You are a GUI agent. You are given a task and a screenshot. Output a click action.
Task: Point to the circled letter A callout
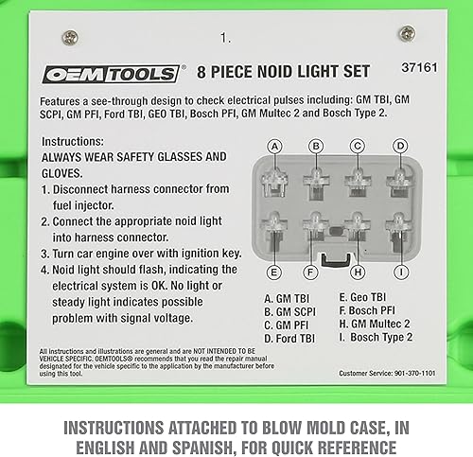point(275,146)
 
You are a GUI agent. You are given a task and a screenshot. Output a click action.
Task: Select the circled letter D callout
point(400,146)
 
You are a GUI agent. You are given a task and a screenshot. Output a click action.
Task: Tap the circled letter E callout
point(275,272)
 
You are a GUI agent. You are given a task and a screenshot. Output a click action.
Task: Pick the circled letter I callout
point(400,272)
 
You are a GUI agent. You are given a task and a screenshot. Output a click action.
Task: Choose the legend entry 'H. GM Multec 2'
point(375,324)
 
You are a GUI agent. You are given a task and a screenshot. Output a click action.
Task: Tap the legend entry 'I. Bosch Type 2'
point(376,337)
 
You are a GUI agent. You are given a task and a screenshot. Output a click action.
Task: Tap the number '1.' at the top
point(225,40)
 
